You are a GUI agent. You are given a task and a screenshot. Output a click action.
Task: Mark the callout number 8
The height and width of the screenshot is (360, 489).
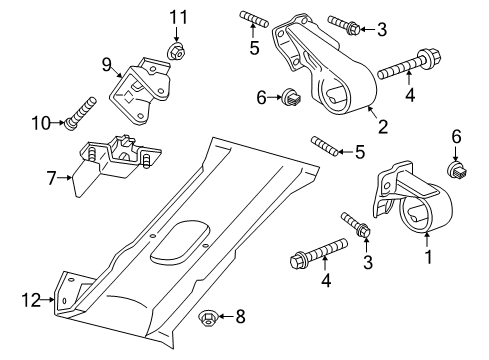tap(239, 317)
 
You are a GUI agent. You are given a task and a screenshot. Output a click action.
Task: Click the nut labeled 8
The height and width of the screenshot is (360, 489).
tap(208, 319)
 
